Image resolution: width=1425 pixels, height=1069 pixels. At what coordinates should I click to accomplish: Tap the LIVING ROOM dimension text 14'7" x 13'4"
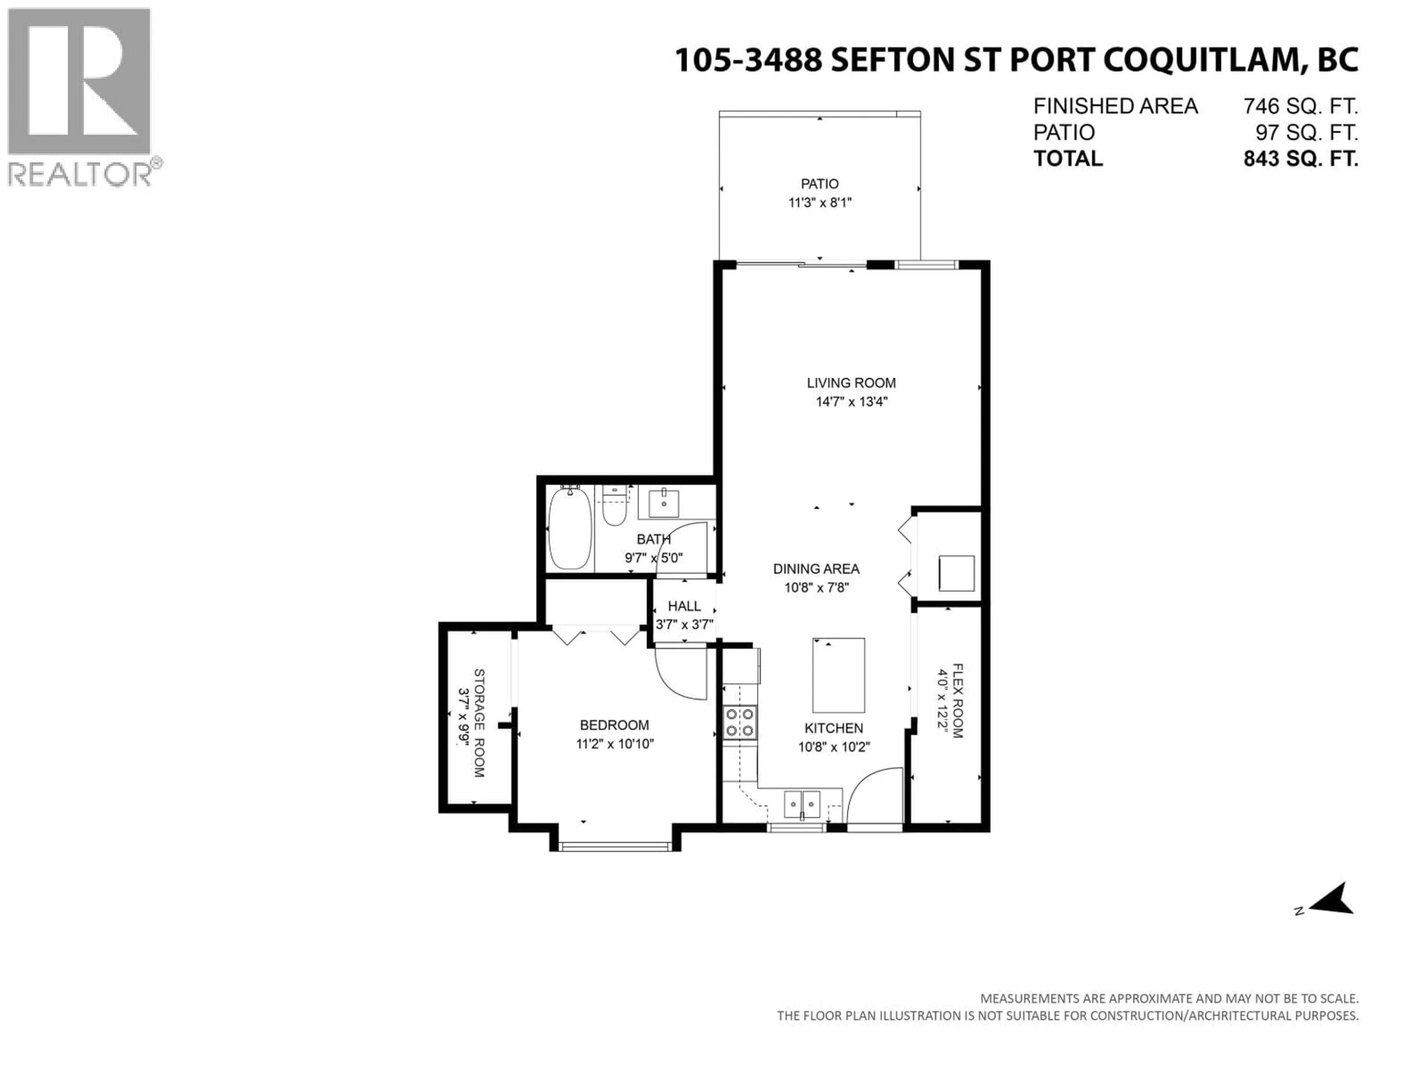click(851, 402)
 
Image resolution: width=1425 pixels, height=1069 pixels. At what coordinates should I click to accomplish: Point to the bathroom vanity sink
click(663, 503)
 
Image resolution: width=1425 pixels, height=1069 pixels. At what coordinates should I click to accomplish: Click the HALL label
click(684, 607)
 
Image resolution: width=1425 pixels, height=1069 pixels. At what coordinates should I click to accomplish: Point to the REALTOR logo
click(81, 97)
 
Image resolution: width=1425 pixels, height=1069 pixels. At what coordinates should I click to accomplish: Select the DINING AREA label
click(816, 569)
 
